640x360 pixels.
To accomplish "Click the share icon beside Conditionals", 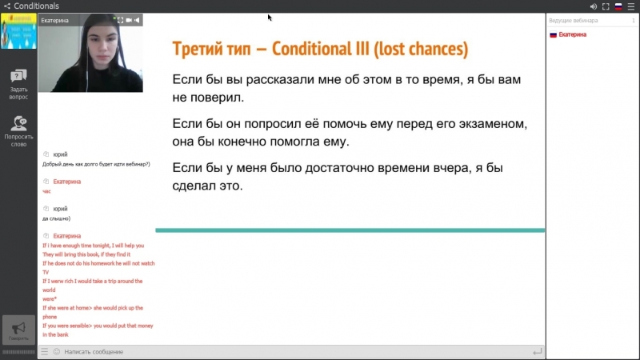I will pos(6,6).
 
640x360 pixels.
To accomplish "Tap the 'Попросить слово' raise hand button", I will pos(18,130).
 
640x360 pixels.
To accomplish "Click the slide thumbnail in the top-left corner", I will pos(18,31).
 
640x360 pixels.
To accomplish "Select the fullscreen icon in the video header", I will pos(119,20).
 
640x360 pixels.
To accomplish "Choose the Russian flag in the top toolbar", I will pos(618,6).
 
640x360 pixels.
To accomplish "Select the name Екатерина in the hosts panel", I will pos(573,34).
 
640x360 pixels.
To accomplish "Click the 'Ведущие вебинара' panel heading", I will pos(573,21).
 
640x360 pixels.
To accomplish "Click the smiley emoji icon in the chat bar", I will pos(56,351).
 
